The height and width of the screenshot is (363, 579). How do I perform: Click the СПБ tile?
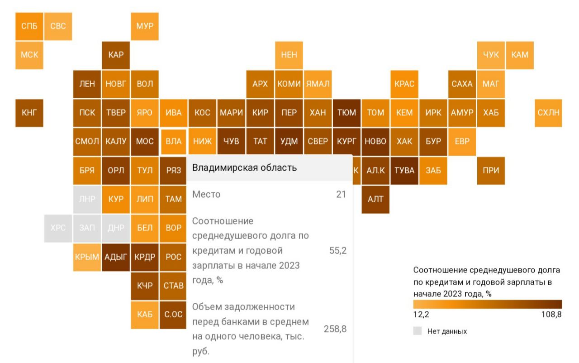pos(29,26)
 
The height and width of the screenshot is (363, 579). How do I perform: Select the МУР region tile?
pos(145,26)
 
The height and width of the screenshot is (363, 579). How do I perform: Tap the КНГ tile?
pos(29,113)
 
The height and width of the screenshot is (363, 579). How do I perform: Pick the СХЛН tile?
pos(548,113)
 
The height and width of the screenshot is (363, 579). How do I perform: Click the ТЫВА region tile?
pos(404,171)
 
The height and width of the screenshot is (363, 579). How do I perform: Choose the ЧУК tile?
pos(491,55)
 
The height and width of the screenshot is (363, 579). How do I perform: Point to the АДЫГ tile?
pos(116,257)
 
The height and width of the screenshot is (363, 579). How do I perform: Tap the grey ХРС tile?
pos(58,228)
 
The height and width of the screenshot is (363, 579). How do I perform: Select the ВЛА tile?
pos(174,142)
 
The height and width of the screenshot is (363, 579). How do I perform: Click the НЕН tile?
pos(289,55)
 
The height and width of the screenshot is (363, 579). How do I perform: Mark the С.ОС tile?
pos(174,315)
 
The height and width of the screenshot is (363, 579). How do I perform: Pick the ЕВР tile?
pos(462,142)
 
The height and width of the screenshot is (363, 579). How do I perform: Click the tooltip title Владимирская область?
pos(245,168)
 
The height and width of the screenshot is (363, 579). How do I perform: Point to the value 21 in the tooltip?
pos(341,195)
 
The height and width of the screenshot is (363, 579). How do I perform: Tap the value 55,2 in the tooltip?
pos(338,251)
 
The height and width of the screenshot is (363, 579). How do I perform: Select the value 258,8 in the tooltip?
pos(335,329)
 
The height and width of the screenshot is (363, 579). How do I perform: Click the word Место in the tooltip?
pos(206,195)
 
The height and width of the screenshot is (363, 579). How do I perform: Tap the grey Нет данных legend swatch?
pos(418,331)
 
